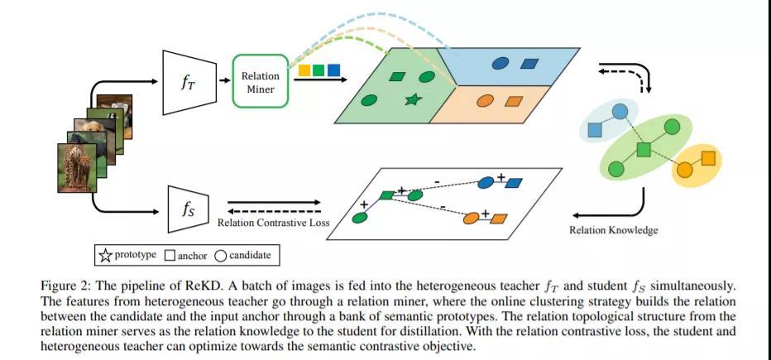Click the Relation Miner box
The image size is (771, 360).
[260, 80]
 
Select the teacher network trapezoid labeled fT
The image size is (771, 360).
[189, 82]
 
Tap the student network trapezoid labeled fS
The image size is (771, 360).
[189, 209]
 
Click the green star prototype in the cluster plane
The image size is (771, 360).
[413, 100]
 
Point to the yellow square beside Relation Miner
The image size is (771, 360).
[304, 70]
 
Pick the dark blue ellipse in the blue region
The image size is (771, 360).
[500, 64]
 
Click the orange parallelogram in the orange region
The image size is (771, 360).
[514, 102]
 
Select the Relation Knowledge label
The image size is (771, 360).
[613, 230]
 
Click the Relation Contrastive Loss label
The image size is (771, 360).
[273, 223]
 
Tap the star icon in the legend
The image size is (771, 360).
[105, 256]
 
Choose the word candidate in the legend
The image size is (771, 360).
[250, 256]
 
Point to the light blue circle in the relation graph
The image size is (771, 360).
[620, 112]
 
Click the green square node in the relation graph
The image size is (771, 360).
[644, 150]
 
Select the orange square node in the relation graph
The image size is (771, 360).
[708, 158]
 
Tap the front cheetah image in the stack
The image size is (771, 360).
[77, 168]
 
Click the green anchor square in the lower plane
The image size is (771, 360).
[387, 195]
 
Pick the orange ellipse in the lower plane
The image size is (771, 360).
[472, 218]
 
